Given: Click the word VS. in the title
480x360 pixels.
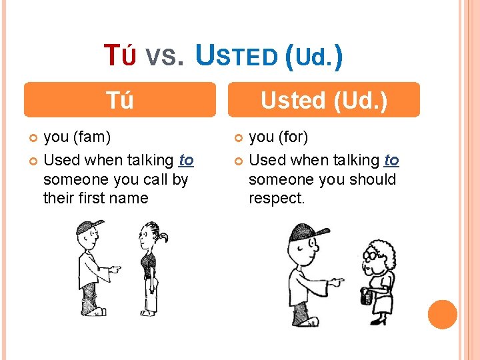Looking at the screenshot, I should click(x=163, y=58).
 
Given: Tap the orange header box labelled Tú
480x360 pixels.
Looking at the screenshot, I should click(x=120, y=100).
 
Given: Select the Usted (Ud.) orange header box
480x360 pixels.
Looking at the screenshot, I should click(x=323, y=100).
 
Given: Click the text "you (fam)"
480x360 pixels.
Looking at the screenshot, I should click(x=77, y=137).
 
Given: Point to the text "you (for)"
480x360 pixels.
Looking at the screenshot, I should click(x=279, y=137).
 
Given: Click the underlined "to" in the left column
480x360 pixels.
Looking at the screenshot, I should click(x=187, y=160).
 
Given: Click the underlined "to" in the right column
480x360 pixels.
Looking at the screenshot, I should click(x=392, y=160).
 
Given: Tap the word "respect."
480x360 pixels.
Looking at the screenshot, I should click(x=277, y=198).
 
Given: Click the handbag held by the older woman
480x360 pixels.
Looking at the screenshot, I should click(x=366, y=296).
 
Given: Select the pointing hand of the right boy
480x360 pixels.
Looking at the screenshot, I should click(x=337, y=282).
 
